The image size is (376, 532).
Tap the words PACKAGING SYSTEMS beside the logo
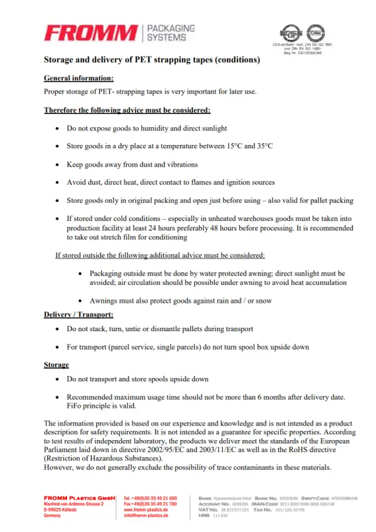click(x=170, y=33)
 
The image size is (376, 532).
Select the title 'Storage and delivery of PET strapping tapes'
click(x=151, y=60)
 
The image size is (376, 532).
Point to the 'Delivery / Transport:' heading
click(x=78, y=315)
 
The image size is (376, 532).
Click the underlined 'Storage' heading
click(x=56, y=365)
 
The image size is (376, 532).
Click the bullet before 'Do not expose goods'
click(x=58, y=129)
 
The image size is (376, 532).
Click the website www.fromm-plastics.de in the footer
click(x=146, y=510)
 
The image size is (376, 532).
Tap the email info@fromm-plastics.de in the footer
click(x=146, y=516)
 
